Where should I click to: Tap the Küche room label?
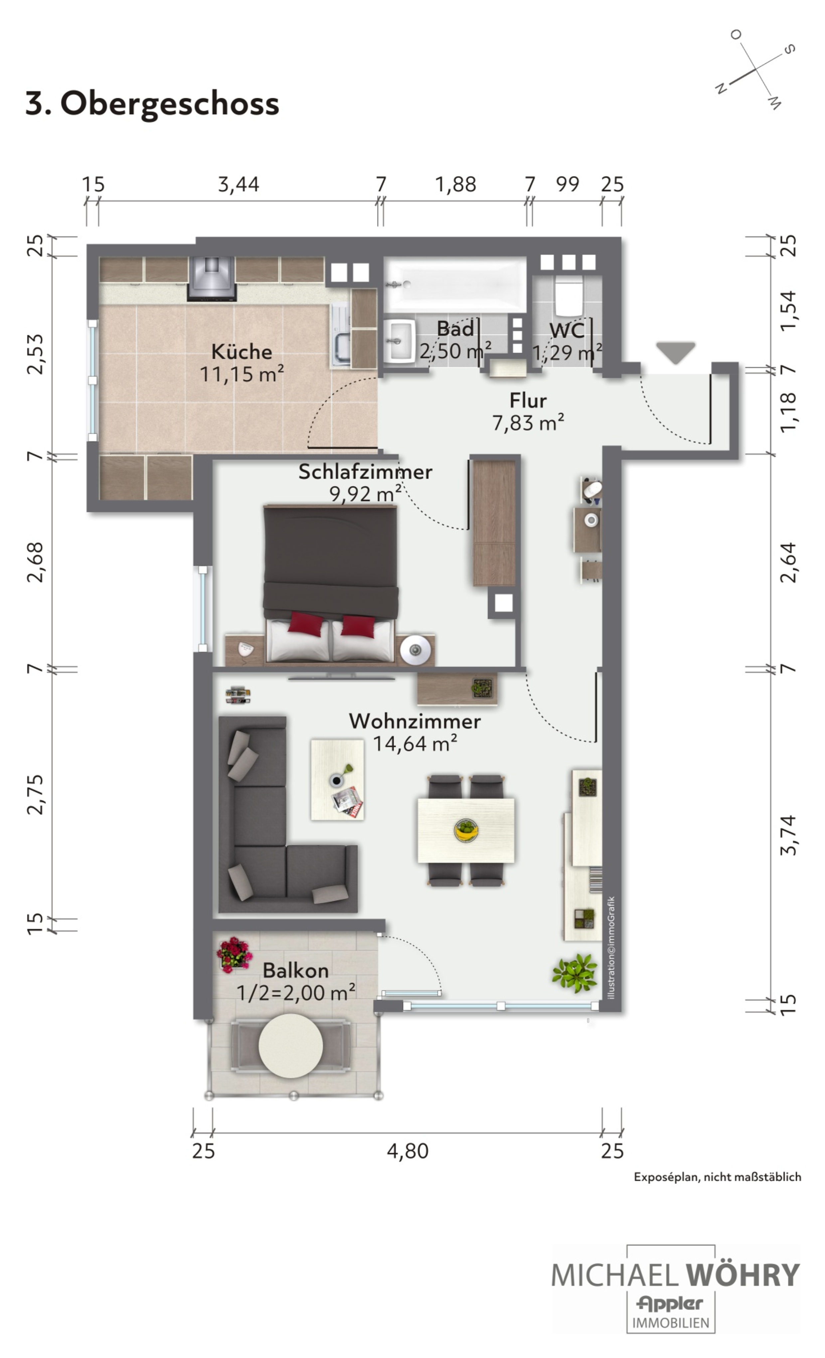(242, 351)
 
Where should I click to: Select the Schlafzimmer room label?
(365, 472)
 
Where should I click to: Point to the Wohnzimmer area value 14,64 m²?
(415, 744)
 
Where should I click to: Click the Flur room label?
(528, 401)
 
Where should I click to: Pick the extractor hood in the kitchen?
(212, 279)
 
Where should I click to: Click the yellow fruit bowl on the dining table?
(466, 829)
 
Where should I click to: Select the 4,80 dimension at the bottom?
(408, 1151)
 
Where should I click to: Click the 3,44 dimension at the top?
(238, 184)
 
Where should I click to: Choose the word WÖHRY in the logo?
(742, 1275)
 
